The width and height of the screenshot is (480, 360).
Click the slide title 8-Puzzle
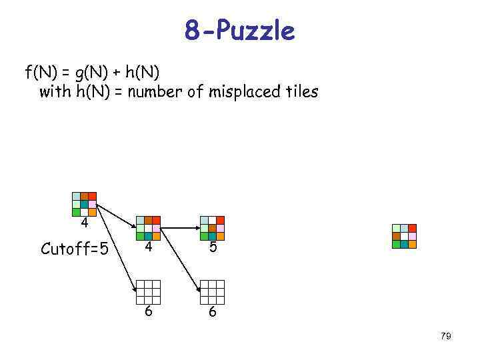click(x=239, y=30)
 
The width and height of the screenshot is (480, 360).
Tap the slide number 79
click(x=446, y=336)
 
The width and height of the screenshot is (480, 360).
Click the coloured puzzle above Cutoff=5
click(x=84, y=204)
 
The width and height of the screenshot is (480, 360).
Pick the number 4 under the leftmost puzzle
click(x=85, y=223)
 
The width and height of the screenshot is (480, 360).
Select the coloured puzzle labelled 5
click(x=212, y=228)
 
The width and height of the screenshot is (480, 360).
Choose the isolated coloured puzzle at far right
click(x=404, y=236)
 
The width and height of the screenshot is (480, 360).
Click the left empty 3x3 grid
click(x=148, y=292)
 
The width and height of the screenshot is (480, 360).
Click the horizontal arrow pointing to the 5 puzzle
click(x=180, y=228)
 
